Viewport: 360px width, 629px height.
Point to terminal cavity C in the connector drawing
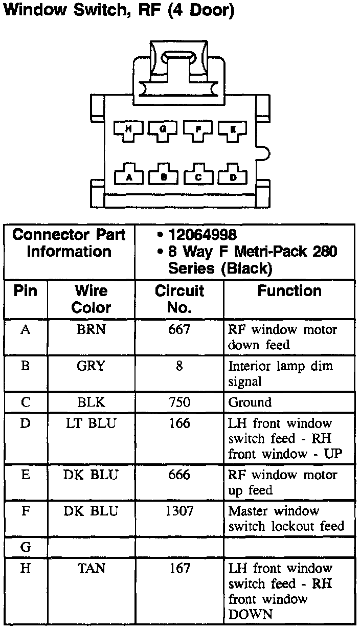pyautogui.click(x=198, y=176)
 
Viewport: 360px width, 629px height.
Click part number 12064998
pyautogui.click(x=202, y=235)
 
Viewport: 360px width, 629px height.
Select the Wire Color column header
pyautogui.click(x=91, y=299)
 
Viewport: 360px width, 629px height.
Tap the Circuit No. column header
pyautogui.click(x=179, y=299)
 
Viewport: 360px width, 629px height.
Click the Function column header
pyautogui.click(x=289, y=291)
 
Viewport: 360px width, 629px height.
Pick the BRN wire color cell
pyautogui.click(x=91, y=330)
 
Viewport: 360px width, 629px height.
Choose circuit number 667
pyautogui.click(x=179, y=330)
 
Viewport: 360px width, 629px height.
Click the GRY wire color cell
pyautogui.click(x=91, y=366)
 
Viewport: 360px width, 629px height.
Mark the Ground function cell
pyautogui.click(x=250, y=402)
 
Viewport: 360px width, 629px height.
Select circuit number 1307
pyautogui.click(x=179, y=511)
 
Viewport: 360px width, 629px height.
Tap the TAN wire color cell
pyautogui.click(x=91, y=568)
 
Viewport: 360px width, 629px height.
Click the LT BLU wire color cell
pyautogui.click(x=91, y=423)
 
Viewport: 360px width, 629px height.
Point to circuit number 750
pyautogui.click(x=179, y=402)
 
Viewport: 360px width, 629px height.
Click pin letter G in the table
pyautogui.click(x=26, y=547)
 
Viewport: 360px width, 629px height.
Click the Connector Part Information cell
pyautogui.click(x=69, y=243)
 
